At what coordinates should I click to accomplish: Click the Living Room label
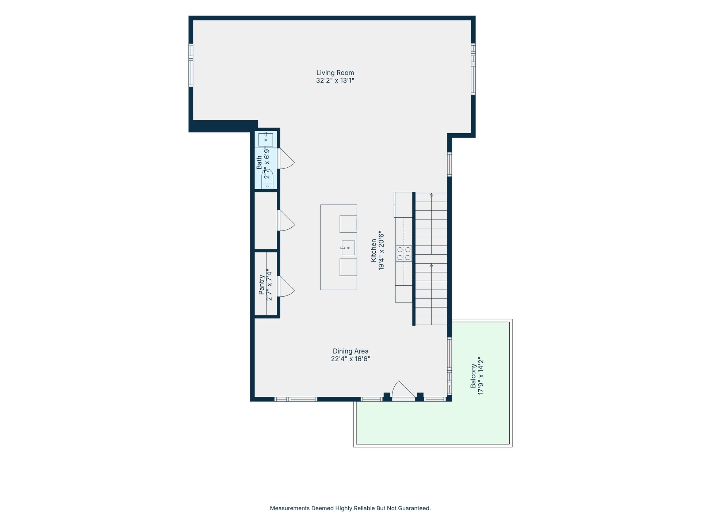pos(335,73)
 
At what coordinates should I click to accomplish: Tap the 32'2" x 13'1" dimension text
pos(335,80)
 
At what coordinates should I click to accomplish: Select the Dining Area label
pos(350,351)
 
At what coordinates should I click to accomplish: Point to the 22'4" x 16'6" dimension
pos(350,359)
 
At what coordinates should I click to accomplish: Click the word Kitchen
pos(374,250)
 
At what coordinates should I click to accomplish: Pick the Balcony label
pos(473,376)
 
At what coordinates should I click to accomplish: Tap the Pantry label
pos(261,285)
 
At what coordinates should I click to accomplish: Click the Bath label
pos(259,163)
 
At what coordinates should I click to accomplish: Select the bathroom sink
pos(266,140)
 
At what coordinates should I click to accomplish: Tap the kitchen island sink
pos(348,248)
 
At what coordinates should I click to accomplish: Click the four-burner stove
pos(404,254)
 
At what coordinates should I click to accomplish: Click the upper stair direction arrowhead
pos(432,195)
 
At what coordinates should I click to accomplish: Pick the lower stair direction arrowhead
pos(432,265)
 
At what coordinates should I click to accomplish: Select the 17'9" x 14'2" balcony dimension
pos(481,376)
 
